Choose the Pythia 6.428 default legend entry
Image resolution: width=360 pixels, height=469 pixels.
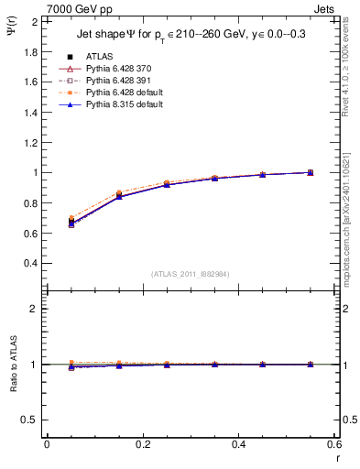pos(122,93)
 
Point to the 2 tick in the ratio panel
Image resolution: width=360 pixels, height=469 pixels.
pos(36,309)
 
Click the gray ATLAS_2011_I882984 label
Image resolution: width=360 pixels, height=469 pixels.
pos(191,274)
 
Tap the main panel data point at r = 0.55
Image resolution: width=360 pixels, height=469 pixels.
pos(310,172)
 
